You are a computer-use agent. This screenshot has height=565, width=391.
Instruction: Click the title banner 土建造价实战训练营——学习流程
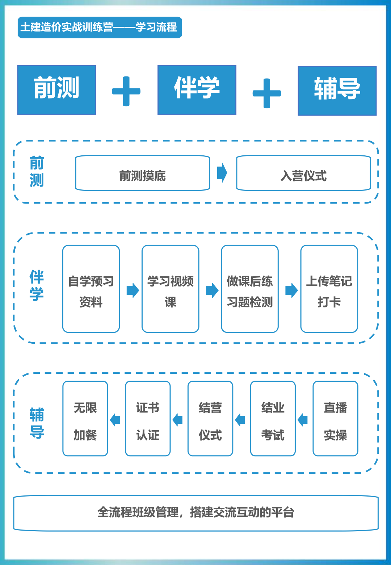(100, 27)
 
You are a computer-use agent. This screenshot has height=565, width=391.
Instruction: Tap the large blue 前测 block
(56, 90)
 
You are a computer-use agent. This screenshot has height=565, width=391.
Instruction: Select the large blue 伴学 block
(197, 90)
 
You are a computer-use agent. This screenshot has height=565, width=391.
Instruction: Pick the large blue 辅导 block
(337, 91)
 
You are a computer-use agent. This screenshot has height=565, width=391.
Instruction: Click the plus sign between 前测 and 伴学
(126, 91)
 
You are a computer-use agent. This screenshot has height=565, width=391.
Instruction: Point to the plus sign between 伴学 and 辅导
(267, 93)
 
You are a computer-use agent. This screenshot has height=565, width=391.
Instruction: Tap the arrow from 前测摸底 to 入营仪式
(222, 173)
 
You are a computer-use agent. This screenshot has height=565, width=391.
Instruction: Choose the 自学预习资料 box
(91, 289)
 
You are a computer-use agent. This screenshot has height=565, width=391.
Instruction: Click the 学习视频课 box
(170, 289)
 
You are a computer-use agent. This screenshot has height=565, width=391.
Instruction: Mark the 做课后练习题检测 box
(250, 289)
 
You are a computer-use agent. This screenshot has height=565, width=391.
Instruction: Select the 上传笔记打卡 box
(329, 289)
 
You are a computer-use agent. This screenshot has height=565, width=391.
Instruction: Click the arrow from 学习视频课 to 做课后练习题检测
(212, 290)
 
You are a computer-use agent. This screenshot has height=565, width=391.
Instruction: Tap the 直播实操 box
(335, 419)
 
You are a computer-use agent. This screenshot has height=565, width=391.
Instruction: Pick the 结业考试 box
(273, 419)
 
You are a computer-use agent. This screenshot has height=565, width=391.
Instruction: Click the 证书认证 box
(148, 419)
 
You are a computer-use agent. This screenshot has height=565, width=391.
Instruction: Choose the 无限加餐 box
(85, 419)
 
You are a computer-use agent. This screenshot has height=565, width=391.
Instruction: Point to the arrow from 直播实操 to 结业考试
(303, 420)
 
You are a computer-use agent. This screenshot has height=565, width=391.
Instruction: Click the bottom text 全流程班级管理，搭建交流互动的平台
(196, 512)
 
